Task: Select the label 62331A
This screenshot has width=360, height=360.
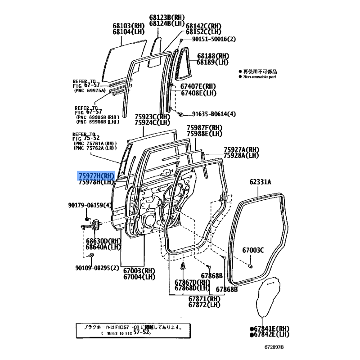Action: pyautogui.click(x=261, y=182)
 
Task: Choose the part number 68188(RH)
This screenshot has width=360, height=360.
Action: pyautogui.click(x=213, y=56)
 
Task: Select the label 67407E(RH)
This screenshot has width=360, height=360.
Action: pyautogui.click(x=198, y=86)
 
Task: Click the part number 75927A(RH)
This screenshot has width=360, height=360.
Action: pyautogui.click(x=242, y=149)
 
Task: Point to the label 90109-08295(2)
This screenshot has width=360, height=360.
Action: pyautogui.click(x=97, y=268)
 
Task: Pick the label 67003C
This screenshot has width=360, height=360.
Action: pyautogui.click(x=253, y=250)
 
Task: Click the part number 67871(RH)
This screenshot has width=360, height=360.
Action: pyautogui.click(x=204, y=298)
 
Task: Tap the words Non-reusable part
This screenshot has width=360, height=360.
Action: pyautogui.click(x=260, y=77)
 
